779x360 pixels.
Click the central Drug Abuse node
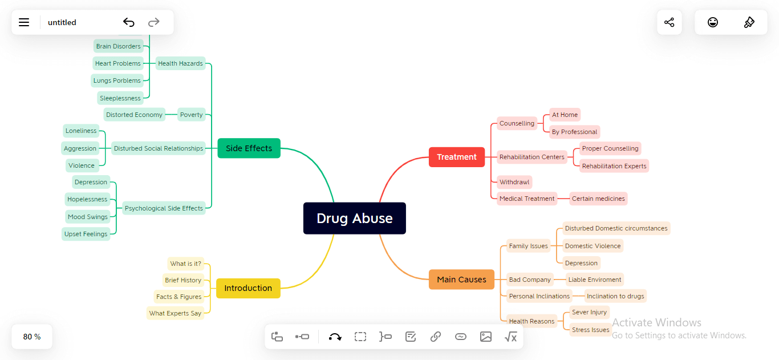(354, 219)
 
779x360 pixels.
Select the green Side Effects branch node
(249, 148)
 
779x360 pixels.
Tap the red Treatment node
(456, 157)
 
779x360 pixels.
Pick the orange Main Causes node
(461, 280)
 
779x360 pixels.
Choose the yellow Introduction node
(248, 288)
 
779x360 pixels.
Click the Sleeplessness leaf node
(120, 98)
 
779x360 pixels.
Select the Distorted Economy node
(134, 115)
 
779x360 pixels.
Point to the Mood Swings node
(87, 217)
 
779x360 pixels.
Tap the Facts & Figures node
(178, 297)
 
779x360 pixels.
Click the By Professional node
(574, 132)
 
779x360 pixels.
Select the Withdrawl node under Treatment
(514, 182)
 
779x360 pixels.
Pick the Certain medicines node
(598, 199)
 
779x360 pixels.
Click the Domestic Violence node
(593, 246)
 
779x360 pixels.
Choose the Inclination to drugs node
(615, 296)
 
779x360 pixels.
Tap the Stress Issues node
(590, 330)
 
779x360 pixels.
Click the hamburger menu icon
(24, 22)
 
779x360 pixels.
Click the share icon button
(669, 22)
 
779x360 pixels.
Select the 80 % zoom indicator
(32, 337)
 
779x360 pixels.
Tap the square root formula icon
(510, 337)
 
